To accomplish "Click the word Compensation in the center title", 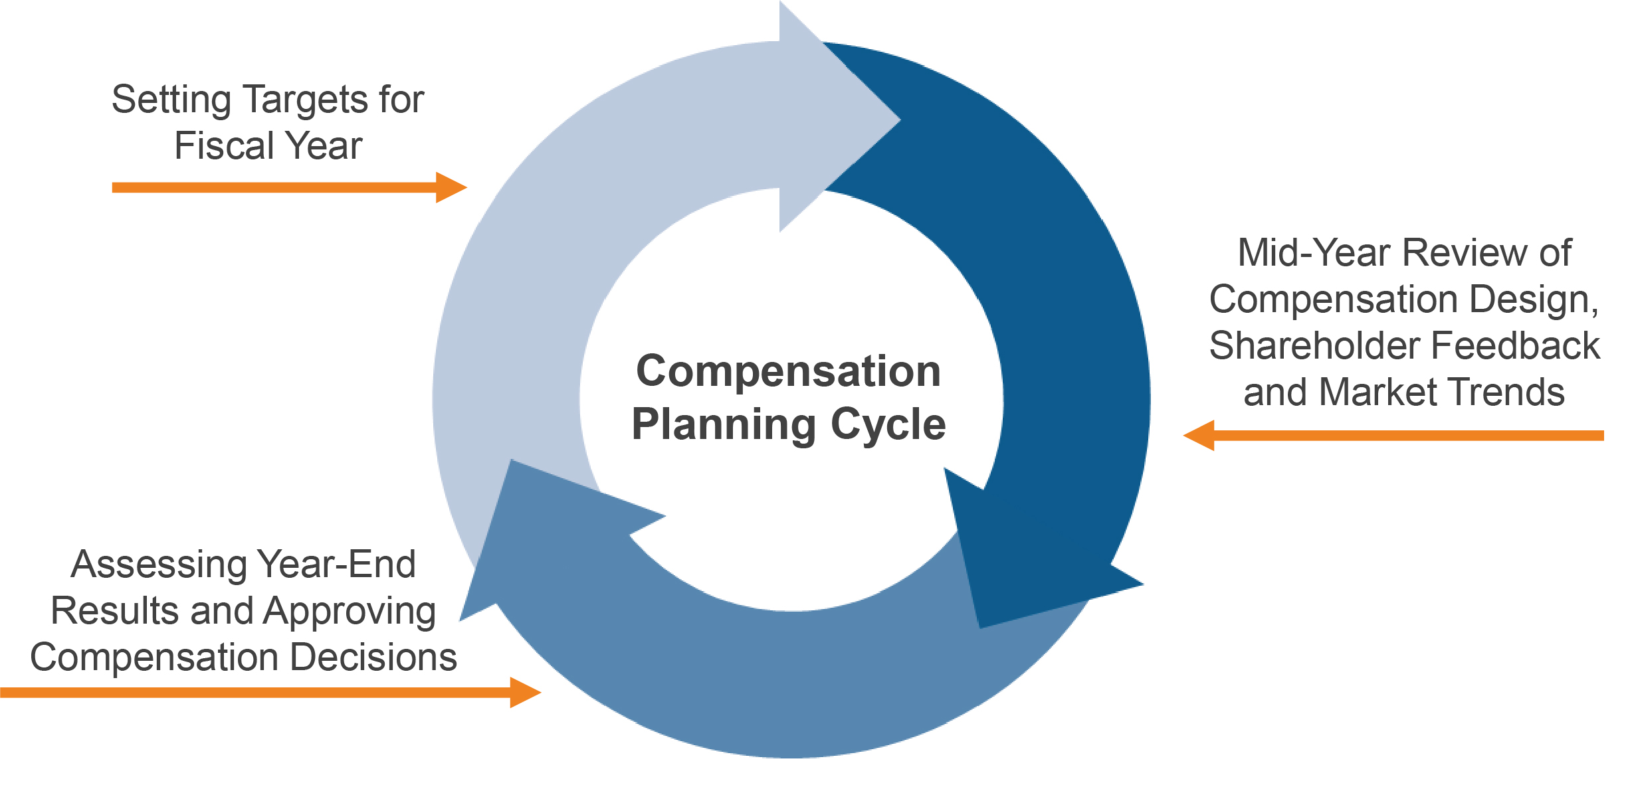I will (788, 371).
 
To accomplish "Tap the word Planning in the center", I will (724, 426).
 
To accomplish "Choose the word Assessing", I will (159, 565).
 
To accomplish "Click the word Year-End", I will (336, 565).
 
